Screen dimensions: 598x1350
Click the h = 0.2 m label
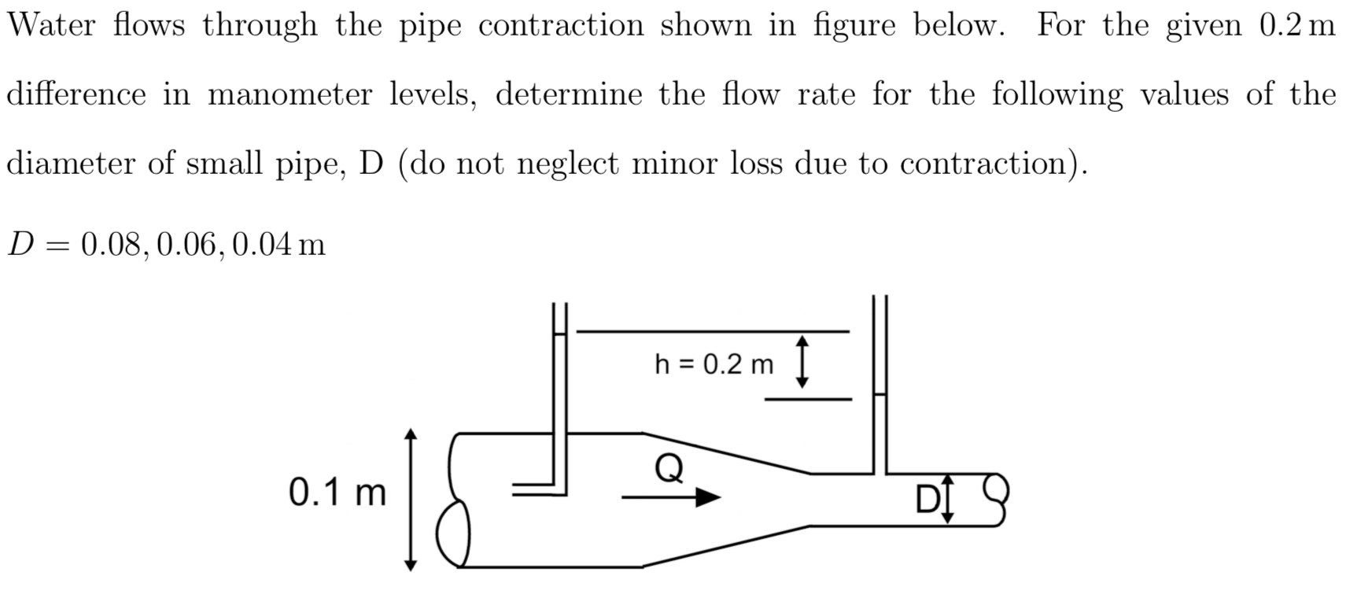[x=714, y=365]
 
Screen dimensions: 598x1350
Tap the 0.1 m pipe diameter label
[x=337, y=493]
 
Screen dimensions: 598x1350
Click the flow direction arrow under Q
[x=671, y=497]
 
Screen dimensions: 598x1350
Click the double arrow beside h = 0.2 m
[x=802, y=362]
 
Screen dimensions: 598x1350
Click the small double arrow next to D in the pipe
[x=947, y=498]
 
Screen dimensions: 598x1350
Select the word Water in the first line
[x=51, y=26]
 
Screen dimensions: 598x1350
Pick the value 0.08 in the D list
[x=114, y=245]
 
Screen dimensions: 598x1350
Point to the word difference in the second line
[x=76, y=95]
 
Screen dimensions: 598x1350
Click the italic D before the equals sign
[x=20, y=245]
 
